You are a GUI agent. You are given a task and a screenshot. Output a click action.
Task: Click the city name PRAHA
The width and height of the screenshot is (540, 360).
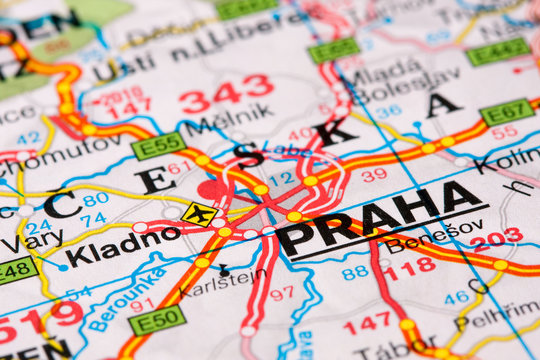[379, 221]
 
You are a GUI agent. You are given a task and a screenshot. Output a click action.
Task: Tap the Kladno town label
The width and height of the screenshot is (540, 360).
[122, 246]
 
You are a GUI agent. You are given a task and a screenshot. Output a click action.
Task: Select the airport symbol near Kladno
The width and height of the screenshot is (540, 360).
[199, 214]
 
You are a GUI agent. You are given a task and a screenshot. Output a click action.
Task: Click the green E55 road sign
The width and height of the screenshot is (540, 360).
[157, 146]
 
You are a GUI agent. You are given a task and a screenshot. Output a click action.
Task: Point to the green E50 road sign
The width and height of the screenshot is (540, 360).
[157, 320]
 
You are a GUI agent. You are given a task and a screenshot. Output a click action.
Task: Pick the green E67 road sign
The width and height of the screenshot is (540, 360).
[507, 112]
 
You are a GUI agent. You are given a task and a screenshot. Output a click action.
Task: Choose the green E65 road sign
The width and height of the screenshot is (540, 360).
[333, 49]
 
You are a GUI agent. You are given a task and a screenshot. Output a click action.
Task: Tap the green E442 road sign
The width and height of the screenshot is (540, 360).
[498, 50]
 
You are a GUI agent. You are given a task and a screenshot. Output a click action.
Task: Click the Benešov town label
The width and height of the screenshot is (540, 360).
[421, 243]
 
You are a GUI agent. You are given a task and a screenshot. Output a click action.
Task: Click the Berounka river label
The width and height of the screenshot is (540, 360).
[112, 299]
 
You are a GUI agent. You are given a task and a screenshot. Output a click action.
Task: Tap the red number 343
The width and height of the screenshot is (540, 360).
[226, 93]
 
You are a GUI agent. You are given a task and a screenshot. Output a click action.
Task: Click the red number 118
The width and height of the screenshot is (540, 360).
[408, 267]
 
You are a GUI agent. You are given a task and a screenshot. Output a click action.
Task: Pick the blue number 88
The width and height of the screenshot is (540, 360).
[355, 272]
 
